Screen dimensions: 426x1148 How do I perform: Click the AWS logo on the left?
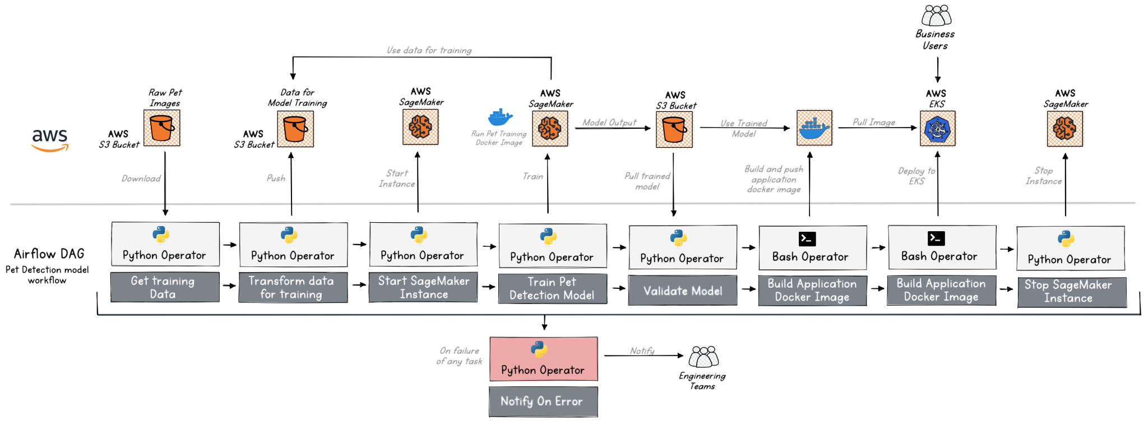click(50, 140)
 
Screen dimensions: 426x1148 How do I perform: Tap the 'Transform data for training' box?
click(293, 288)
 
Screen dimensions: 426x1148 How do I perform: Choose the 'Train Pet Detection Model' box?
click(552, 289)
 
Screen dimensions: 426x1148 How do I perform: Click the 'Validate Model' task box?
click(682, 291)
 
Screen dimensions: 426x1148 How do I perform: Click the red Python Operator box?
click(543, 359)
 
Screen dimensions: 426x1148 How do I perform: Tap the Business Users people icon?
click(936, 16)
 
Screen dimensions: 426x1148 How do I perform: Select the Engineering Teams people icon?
click(703, 357)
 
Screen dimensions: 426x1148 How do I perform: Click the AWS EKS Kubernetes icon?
click(937, 128)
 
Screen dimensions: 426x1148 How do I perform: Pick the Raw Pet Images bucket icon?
click(162, 128)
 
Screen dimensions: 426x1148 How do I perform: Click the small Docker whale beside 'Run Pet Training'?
click(499, 118)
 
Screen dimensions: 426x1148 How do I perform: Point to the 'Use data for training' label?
click(429, 50)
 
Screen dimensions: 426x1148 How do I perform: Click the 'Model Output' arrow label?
click(609, 122)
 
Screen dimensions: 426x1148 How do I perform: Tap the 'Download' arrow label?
click(141, 179)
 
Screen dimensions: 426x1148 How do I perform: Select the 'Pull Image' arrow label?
click(873, 122)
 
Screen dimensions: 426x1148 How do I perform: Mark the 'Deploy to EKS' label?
click(916, 176)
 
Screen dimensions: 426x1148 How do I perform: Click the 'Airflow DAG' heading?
click(49, 254)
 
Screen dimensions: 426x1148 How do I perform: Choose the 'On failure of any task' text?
click(459, 356)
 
